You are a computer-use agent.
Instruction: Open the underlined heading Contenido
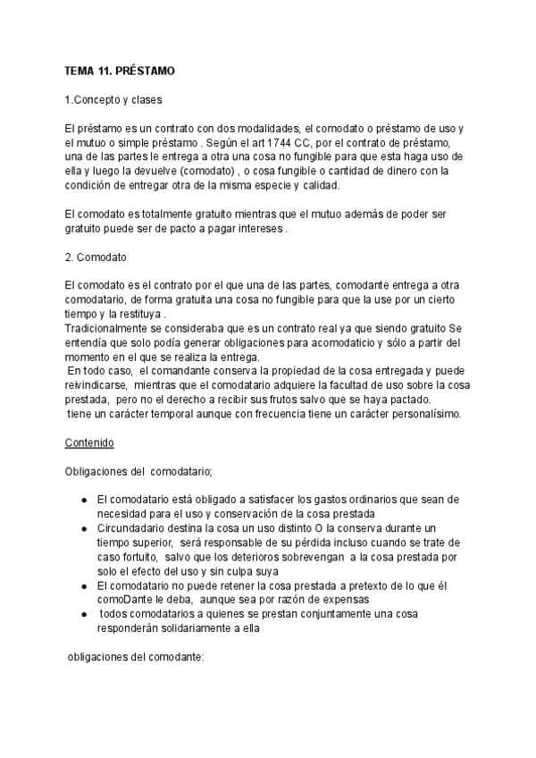[89, 442]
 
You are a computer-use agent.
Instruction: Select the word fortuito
[133, 557]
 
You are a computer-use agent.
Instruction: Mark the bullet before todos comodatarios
[83, 614]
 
